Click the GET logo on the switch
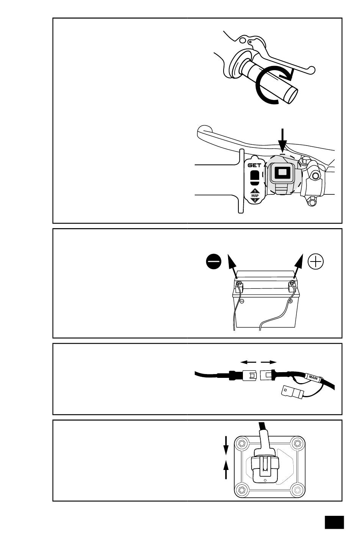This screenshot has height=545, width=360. [254, 165]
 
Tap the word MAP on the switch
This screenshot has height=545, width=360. [255, 195]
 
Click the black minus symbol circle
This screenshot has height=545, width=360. [214, 262]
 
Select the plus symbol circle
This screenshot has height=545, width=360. [316, 262]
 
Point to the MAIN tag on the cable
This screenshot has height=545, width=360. [313, 377]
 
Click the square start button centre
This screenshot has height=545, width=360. [282, 173]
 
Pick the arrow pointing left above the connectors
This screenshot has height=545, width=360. [248, 362]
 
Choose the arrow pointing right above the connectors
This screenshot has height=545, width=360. [269, 362]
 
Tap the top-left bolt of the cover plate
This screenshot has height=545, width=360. [242, 443]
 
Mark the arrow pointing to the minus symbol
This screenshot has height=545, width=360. [232, 267]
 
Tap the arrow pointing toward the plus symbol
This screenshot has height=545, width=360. [298, 267]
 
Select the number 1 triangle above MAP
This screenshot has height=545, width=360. [255, 191]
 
